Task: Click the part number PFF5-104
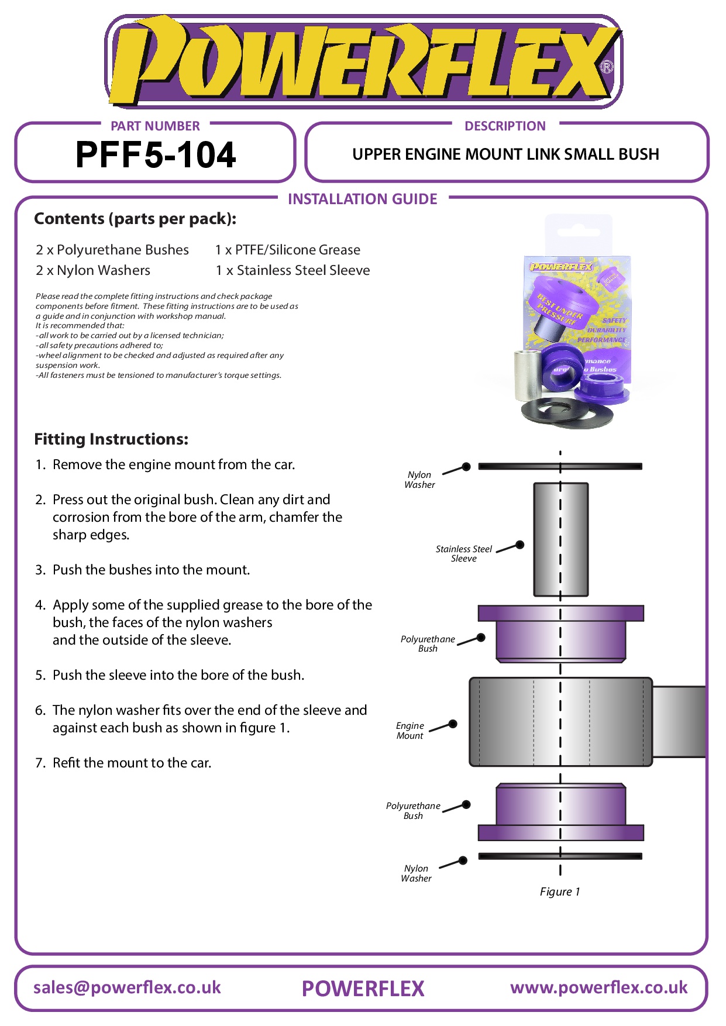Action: coord(156,155)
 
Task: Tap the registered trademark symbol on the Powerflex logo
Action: coord(607,67)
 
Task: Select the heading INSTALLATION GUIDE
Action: coord(362,199)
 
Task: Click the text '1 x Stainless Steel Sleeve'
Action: coord(293,270)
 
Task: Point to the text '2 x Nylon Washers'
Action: coord(93,270)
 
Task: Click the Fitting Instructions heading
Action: coord(111,439)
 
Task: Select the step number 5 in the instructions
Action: coord(40,675)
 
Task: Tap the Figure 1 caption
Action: coord(560,891)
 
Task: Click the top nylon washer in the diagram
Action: coord(560,466)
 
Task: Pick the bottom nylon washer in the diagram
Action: coord(560,856)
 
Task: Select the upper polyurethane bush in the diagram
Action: coord(560,634)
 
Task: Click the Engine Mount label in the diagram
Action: coord(410,731)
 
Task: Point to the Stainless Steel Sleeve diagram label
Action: coord(463,553)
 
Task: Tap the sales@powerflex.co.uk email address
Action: coord(127,987)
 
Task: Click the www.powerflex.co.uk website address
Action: coord(598,987)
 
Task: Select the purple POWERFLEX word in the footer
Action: coord(363,989)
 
